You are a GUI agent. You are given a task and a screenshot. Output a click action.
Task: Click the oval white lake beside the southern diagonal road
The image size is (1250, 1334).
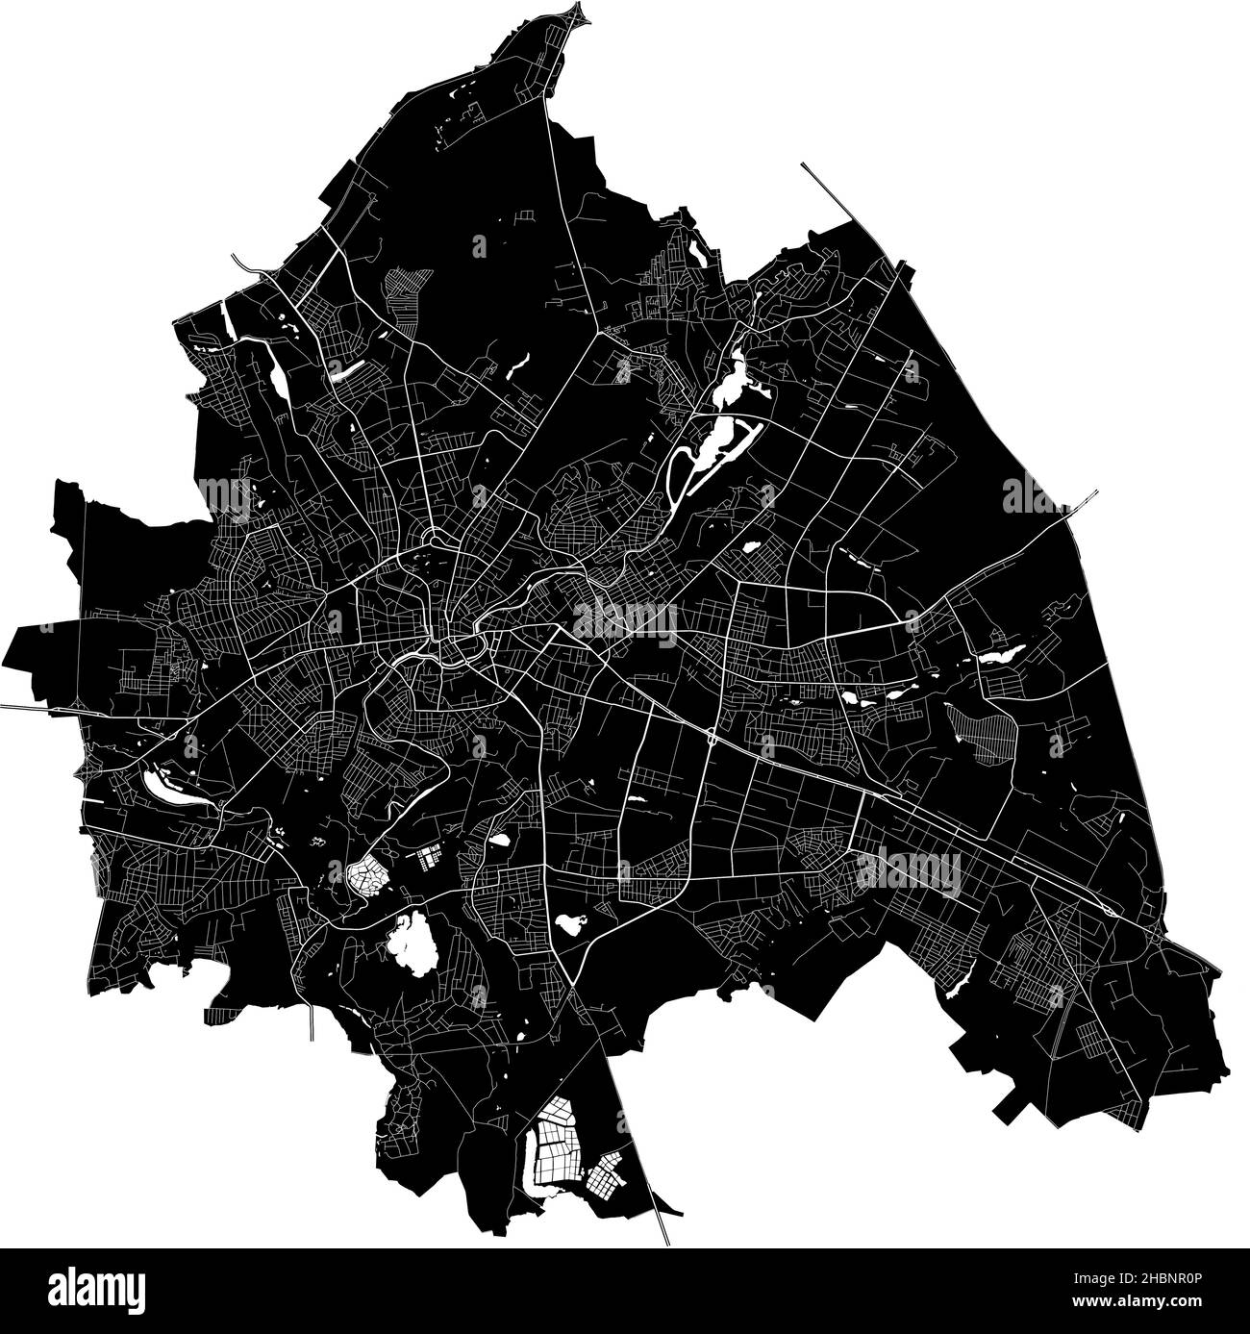pos(569,926)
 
